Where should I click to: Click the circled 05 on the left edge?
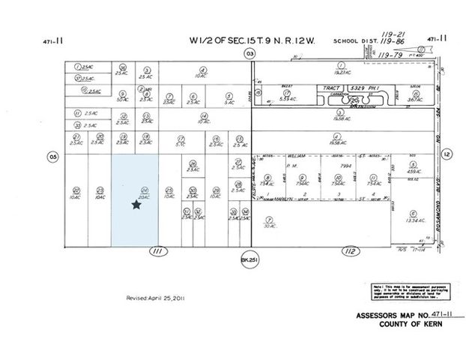coord(52,156)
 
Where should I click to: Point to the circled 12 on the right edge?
coord(447,154)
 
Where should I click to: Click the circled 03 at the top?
coord(249,53)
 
